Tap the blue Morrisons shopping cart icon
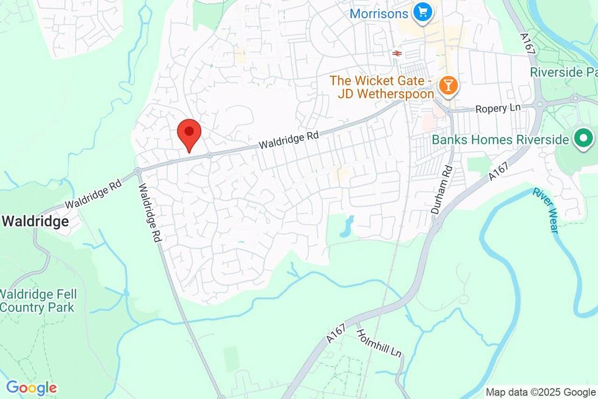[x=422, y=11]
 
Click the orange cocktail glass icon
[x=447, y=86]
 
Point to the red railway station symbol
[x=397, y=53]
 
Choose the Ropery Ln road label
[x=497, y=109]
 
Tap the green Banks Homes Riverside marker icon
[x=582, y=139]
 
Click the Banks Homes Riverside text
[x=500, y=140]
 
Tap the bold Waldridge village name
[x=36, y=222]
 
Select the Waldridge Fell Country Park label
[x=38, y=301]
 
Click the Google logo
[x=31, y=387]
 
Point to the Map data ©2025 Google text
[x=540, y=392]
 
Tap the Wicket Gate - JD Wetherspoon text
[x=382, y=87]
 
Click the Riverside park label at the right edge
[x=564, y=73]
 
